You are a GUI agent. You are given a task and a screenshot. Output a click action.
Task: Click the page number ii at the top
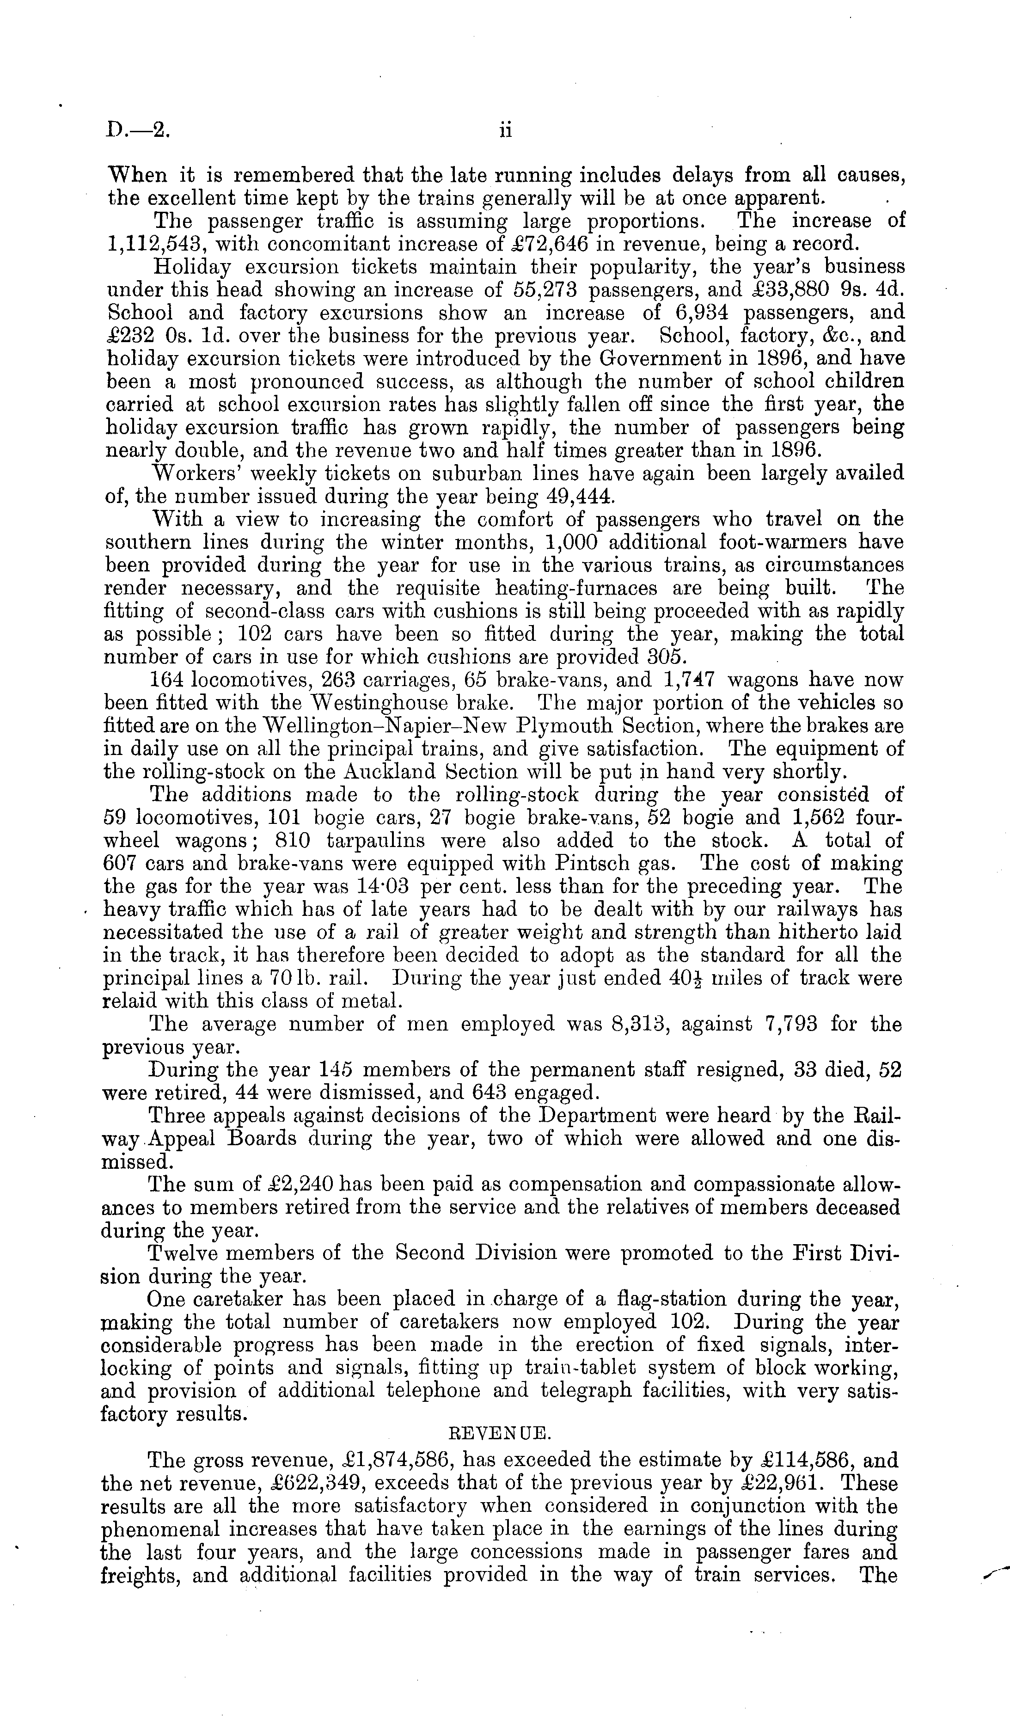pyautogui.click(x=505, y=130)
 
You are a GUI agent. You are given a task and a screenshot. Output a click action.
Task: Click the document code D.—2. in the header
pyautogui.click(x=135, y=130)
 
